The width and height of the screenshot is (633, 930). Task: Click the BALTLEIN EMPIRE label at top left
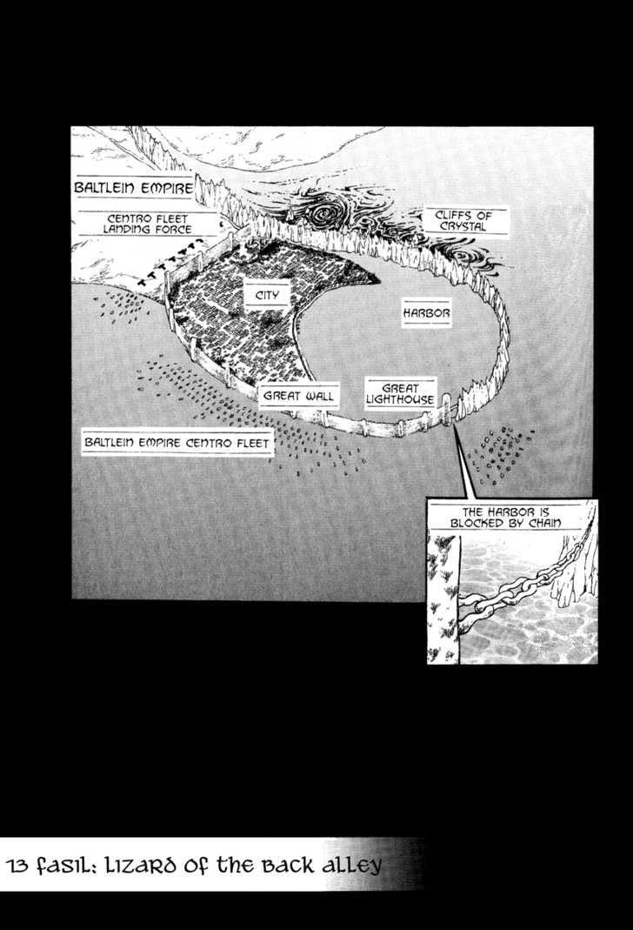pos(133,188)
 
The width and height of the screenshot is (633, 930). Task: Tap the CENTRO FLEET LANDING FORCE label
pos(148,224)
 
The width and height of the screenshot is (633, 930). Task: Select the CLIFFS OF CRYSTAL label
pos(463,221)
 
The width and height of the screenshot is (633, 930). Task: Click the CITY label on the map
pos(267,295)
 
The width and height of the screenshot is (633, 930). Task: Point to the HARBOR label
pos(426,312)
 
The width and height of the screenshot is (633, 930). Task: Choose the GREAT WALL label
pos(299,396)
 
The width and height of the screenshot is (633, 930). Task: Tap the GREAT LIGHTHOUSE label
pos(400,394)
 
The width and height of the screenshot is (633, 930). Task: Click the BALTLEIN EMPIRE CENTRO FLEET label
pos(177,443)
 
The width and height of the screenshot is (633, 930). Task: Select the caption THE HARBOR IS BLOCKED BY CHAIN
pos(505,517)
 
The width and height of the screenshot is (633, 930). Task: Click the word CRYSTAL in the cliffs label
pos(463,226)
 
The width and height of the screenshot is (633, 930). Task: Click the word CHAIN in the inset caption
pos(544,523)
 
